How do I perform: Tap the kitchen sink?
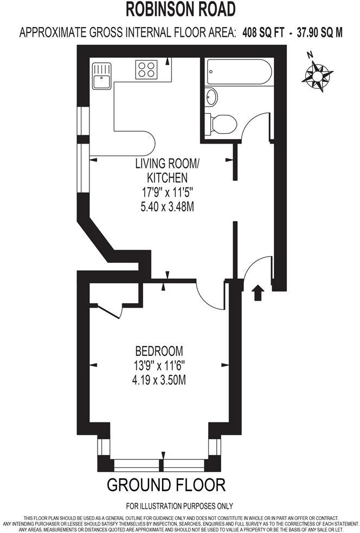[x=101, y=75]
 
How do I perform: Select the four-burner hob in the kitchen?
[x=146, y=69]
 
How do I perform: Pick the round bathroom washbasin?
[x=211, y=98]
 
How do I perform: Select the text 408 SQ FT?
[x=262, y=32]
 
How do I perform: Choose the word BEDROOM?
[x=159, y=350]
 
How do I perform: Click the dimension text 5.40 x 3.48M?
[x=166, y=206]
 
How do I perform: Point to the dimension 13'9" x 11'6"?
[x=159, y=366]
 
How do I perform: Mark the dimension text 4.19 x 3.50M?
[x=159, y=380]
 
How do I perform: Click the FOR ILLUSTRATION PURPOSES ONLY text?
[x=179, y=506]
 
